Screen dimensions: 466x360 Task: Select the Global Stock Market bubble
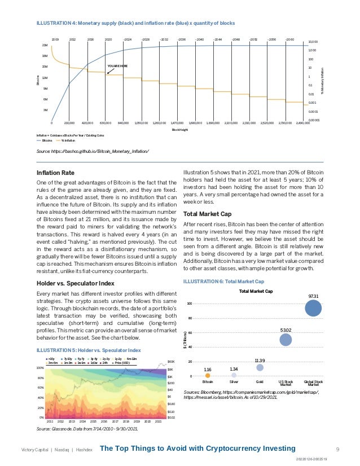(x=313, y=309)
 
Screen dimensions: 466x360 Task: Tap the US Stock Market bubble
(x=286, y=340)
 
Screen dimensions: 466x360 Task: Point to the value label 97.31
(x=313, y=296)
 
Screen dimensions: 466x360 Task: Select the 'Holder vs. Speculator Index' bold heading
(x=76, y=283)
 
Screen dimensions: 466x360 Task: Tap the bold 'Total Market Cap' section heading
(x=208, y=214)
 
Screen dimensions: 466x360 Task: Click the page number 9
(x=337, y=449)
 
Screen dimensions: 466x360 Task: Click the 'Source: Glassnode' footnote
(x=86, y=429)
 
